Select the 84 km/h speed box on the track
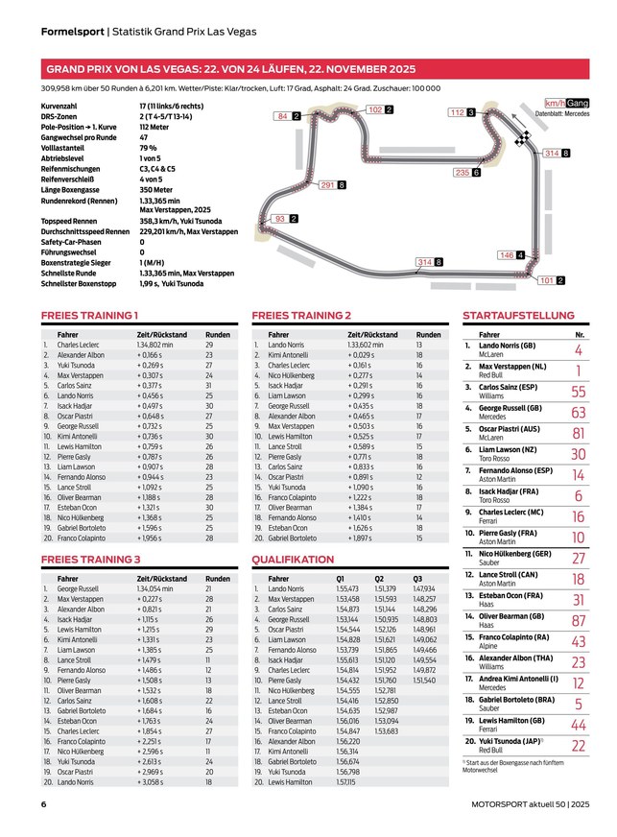coord(282,116)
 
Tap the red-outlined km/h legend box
coord(555,103)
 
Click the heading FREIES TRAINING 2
coord(301,315)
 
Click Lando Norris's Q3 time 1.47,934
coord(424,588)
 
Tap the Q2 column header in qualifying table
coord(379,579)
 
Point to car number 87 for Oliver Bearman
coord(578,621)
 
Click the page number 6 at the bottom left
coord(44,804)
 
